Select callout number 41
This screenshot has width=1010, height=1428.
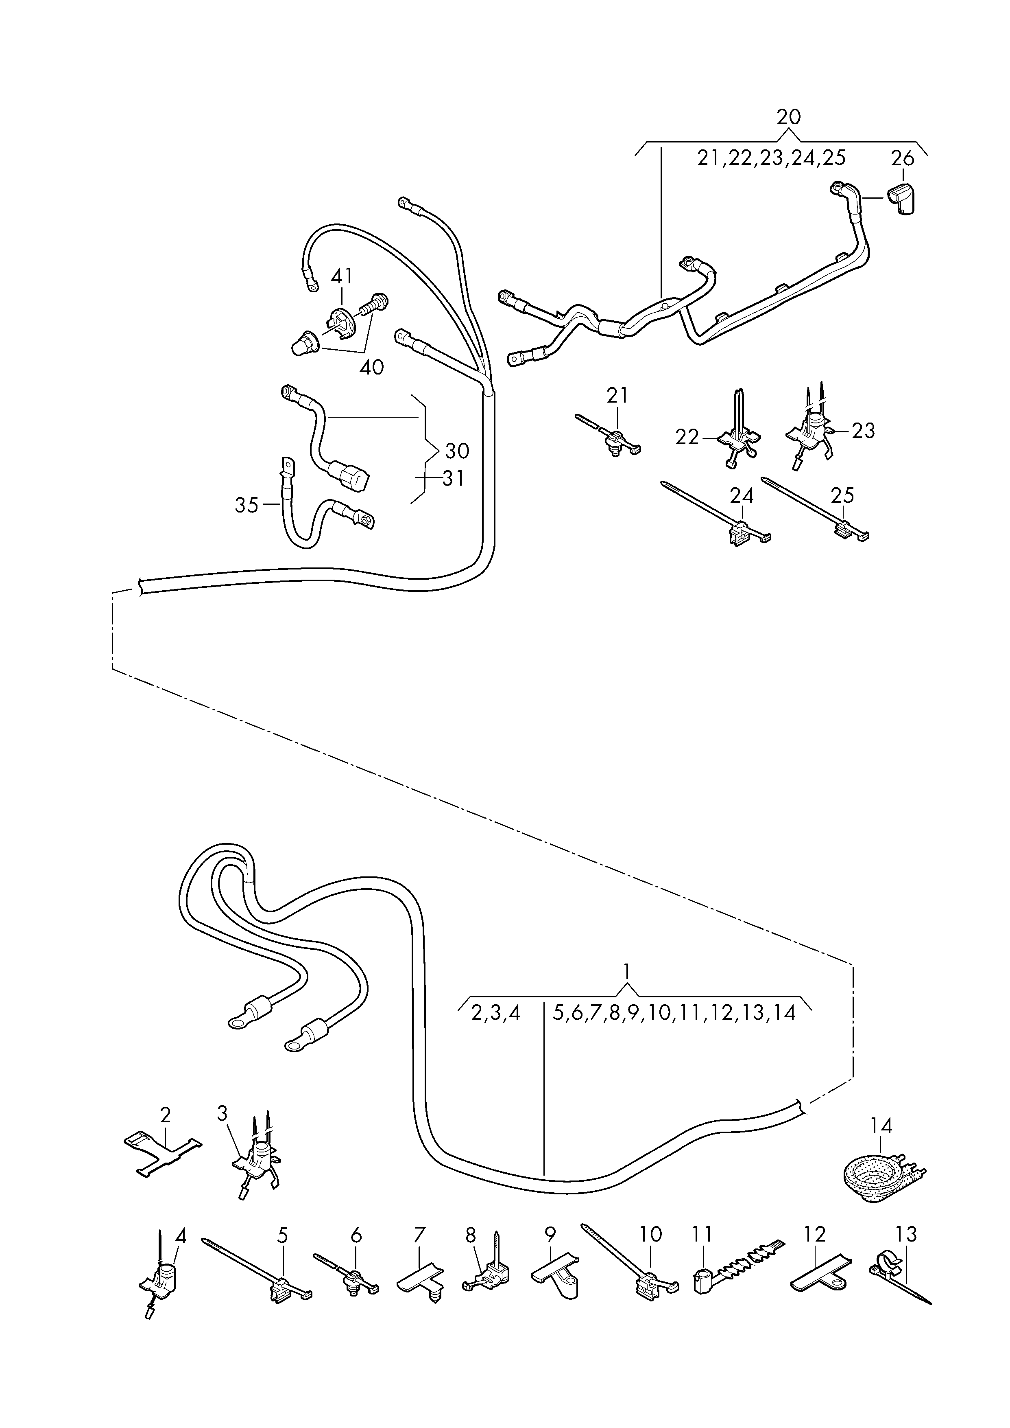(341, 276)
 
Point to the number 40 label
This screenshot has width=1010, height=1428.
(371, 367)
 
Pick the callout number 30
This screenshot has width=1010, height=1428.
(457, 451)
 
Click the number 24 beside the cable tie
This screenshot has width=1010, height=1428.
(741, 496)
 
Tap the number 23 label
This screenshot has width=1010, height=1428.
(863, 431)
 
